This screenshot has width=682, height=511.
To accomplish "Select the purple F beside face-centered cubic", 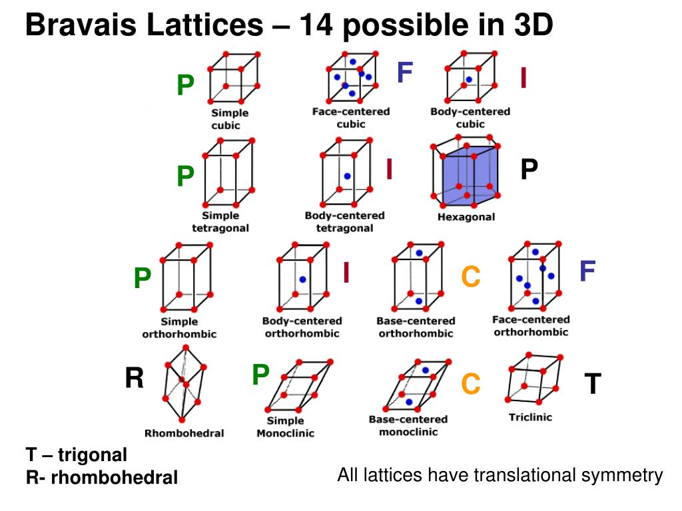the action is pos(405,73).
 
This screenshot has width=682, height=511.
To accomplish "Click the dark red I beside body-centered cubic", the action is pos(524,79).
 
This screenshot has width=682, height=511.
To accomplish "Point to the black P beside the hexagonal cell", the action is pos(529,170).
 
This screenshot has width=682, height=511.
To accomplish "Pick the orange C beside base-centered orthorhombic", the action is pos(471,277).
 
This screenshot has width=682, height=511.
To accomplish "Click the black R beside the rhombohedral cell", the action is pos(135,379).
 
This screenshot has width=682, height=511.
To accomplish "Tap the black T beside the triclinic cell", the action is pos(593,384).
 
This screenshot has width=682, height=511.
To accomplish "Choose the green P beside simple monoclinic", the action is pos(260,376).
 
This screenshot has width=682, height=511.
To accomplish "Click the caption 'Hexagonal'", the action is pos(466,217).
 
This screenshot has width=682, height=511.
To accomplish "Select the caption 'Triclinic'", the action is pos(530,418).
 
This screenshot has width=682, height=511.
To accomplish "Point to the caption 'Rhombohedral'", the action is pos(184,433).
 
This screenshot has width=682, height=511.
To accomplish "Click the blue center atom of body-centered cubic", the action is pos(469,80).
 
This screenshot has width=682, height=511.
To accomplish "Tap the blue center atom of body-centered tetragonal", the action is pos(347,176).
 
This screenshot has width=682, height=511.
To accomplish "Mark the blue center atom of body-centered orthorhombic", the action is pos(302,280).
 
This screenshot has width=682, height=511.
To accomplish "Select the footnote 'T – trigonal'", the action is pos(77,456).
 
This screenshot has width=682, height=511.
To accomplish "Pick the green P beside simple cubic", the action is pos(185,85).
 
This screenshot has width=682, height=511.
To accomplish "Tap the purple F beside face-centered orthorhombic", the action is pos(587,271).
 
